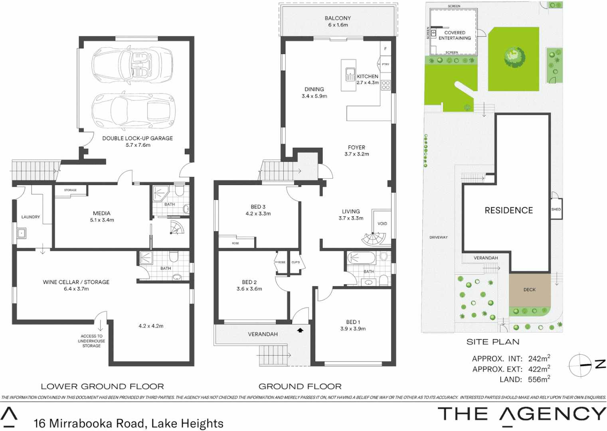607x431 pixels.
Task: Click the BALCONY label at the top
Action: tap(338, 18)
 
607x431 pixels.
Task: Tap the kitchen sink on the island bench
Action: tap(350, 74)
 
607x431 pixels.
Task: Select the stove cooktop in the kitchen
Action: tap(386, 85)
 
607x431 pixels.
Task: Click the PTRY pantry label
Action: tap(386, 64)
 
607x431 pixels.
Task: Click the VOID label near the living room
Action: tap(382, 223)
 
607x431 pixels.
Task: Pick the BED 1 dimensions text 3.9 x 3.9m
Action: tap(353, 329)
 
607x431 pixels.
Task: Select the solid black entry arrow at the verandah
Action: tap(300, 330)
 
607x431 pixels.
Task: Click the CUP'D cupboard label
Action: tap(295, 262)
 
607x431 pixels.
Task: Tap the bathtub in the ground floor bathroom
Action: tap(361, 258)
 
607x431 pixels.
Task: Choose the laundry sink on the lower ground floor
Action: tap(22, 233)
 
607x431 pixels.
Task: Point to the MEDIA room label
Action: tap(102, 214)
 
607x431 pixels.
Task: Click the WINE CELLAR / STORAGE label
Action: tap(76, 282)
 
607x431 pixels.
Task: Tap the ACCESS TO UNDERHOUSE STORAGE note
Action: tap(91, 341)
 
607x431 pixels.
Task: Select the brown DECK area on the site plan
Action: tap(530, 290)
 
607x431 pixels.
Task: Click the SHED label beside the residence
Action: tap(556, 209)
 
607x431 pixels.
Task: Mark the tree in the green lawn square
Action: tap(514, 57)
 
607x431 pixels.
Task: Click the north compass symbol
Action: tap(580, 365)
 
